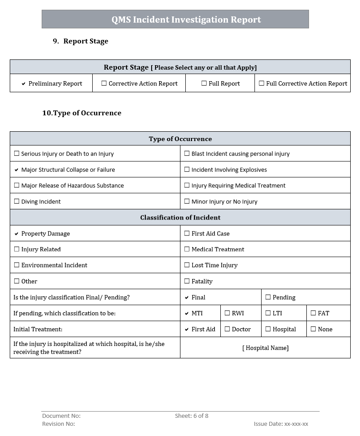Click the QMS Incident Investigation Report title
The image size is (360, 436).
click(x=186, y=20)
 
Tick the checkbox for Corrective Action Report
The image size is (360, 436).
click(x=104, y=83)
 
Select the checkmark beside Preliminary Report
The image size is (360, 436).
click(x=23, y=84)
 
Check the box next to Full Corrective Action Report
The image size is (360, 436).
click(x=262, y=83)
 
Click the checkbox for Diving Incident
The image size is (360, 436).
click(x=17, y=201)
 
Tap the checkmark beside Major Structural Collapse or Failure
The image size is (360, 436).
click(x=16, y=170)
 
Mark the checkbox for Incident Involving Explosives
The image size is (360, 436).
click(x=187, y=169)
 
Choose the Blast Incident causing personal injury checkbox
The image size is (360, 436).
click(x=187, y=153)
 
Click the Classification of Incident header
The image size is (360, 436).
click(x=180, y=217)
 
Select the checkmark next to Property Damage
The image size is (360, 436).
click(x=16, y=234)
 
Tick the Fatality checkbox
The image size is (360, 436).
click(x=187, y=281)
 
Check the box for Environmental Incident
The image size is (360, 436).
click(x=17, y=265)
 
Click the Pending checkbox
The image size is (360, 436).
click(x=268, y=297)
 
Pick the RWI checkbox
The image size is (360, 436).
click(x=227, y=313)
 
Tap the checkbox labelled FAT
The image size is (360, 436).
click(x=313, y=313)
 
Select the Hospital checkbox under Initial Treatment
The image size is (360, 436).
click(x=268, y=329)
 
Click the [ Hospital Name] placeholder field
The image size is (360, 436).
click(x=265, y=348)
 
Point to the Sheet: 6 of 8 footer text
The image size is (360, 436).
click(x=192, y=416)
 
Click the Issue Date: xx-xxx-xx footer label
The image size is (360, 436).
click(x=281, y=424)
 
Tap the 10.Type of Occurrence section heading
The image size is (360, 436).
click(x=82, y=113)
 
